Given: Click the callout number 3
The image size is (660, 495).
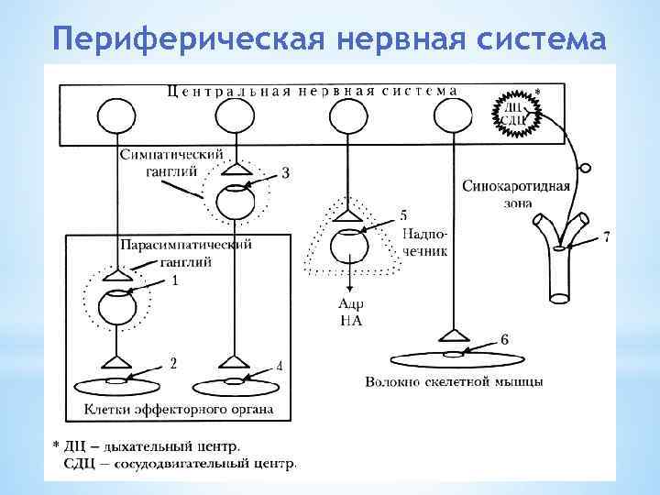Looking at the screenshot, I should [286, 173].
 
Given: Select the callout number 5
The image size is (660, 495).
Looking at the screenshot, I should [403, 216].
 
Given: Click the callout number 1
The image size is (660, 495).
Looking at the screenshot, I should [174, 281].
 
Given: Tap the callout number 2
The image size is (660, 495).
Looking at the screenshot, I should [173, 363].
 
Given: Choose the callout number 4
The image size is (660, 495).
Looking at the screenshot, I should [279, 367].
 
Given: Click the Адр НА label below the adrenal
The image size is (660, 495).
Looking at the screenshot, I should [351, 311].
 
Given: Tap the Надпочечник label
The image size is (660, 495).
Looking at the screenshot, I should [424, 243].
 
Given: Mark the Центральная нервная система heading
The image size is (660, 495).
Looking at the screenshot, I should [312, 91].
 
